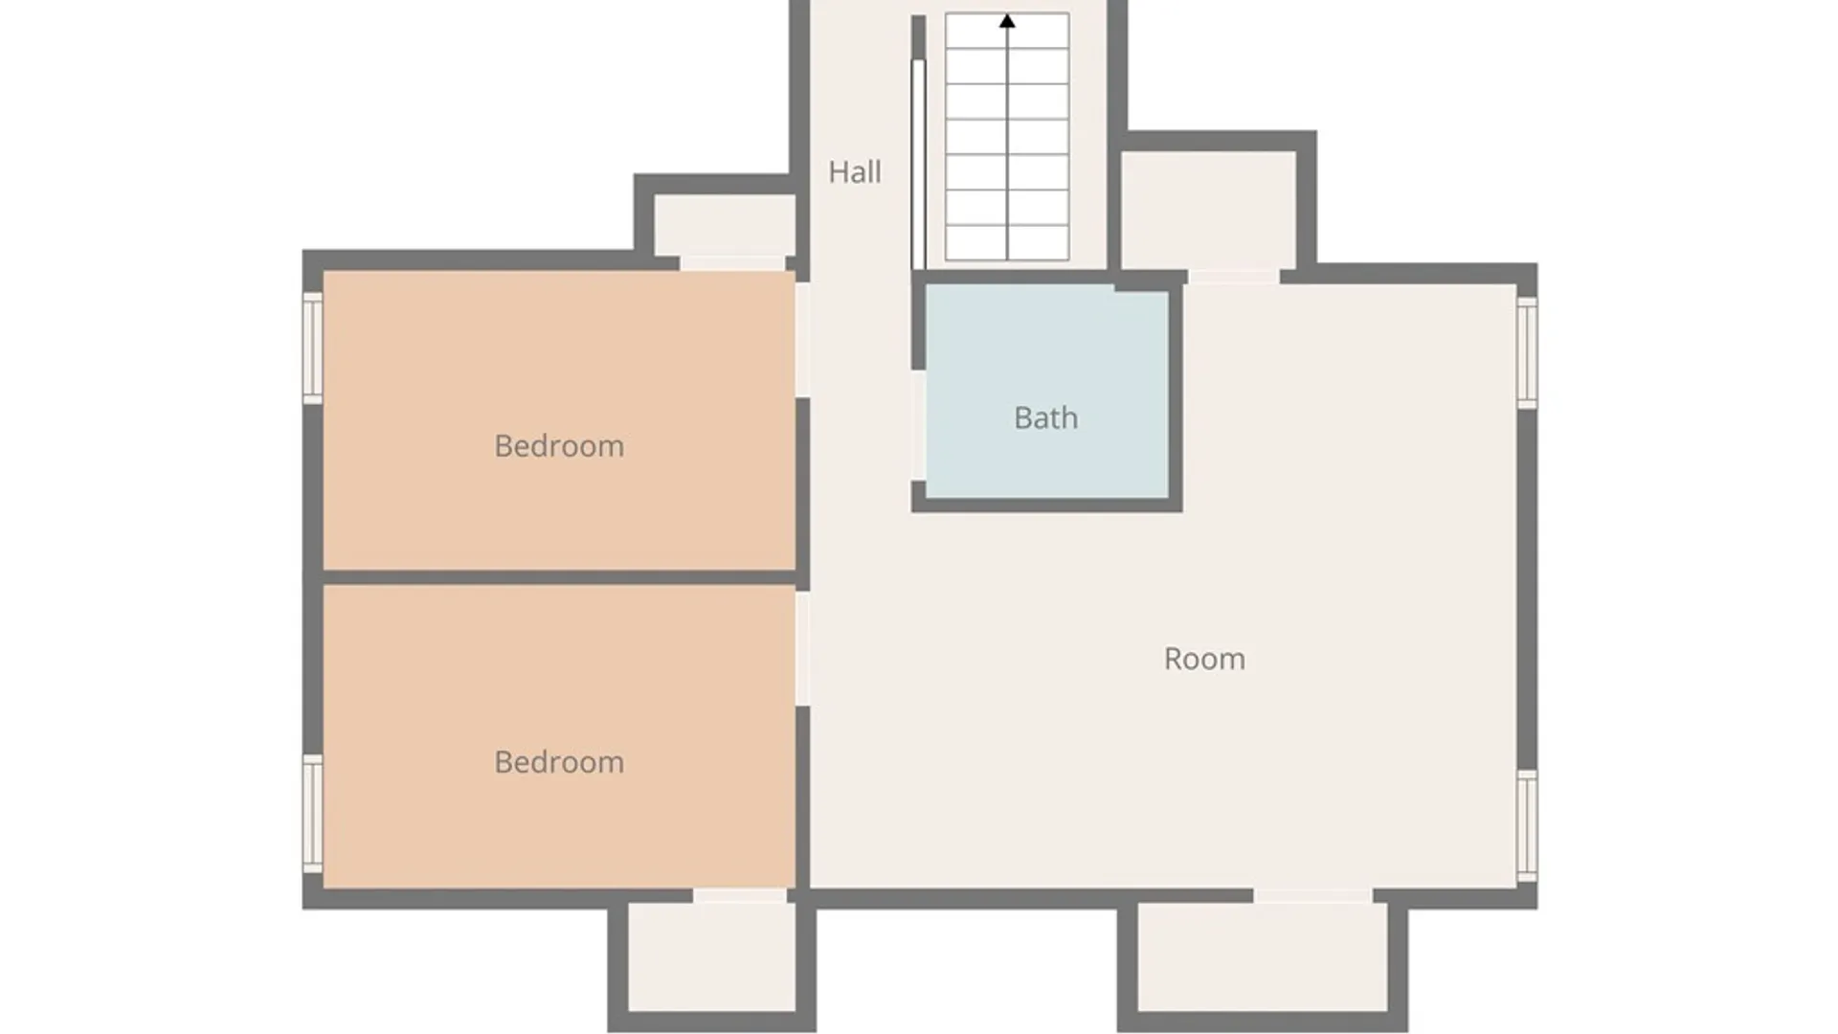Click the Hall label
(x=855, y=172)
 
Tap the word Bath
(x=1046, y=418)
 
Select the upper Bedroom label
(x=559, y=446)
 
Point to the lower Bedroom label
(x=559, y=762)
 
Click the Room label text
(x=1204, y=659)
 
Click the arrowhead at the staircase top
(x=1007, y=20)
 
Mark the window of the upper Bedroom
(x=312, y=348)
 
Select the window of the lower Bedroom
(x=312, y=814)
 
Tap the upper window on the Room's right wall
(x=1527, y=352)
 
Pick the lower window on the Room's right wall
(x=1527, y=825)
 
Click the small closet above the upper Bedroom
(x=725, y=226)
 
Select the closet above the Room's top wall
(x=1208, y=211)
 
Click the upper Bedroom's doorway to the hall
(x=802, y=340)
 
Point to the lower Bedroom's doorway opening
(x=802, y=649)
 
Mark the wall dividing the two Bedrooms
(x=559, y=577)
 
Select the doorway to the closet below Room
(x=1313, y=896)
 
